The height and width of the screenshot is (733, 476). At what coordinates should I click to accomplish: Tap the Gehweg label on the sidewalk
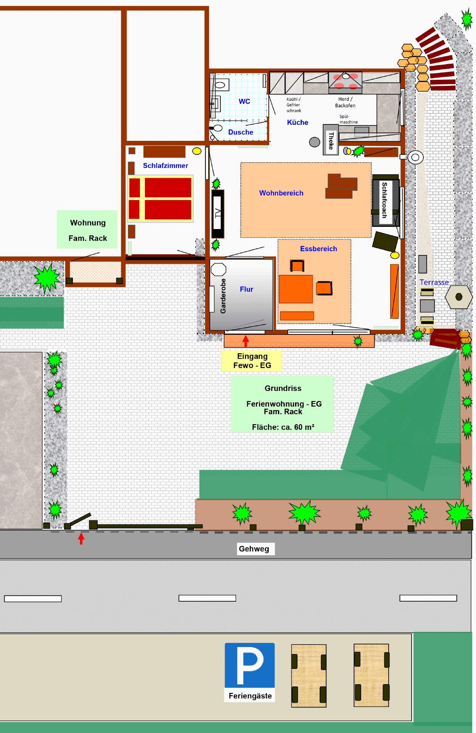(254, 549)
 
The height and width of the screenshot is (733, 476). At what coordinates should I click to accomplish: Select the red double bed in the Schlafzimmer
(160, 199)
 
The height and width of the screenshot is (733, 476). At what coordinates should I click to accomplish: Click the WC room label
(244, 102)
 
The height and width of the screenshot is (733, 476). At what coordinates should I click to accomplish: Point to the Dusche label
(241, 132)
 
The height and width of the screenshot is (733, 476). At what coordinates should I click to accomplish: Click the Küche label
(297, 123)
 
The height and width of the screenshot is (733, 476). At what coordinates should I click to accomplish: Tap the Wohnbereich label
(281, 193)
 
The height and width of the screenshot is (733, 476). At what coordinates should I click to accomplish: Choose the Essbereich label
(318, 249)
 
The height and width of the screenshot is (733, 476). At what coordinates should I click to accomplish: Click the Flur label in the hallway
(246, 289)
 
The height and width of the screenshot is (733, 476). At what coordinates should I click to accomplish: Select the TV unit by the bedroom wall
(218, 214)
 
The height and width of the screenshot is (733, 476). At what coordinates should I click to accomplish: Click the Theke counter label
(331, 140)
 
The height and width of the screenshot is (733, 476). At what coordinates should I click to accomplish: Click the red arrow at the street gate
(81, 538)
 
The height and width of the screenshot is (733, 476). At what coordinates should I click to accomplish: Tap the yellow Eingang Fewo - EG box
(252, 361)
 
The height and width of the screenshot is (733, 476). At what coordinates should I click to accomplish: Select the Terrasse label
(434, 283)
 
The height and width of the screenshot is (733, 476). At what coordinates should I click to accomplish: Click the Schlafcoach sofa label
(384, 200)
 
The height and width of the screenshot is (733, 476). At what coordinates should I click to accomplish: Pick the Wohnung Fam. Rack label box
(87, 229)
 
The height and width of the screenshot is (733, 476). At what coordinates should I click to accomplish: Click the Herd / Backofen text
(345, 102)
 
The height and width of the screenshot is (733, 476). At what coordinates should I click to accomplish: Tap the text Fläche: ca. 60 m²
(283, 427)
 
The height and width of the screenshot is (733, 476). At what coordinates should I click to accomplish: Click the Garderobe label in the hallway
(223, 296)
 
